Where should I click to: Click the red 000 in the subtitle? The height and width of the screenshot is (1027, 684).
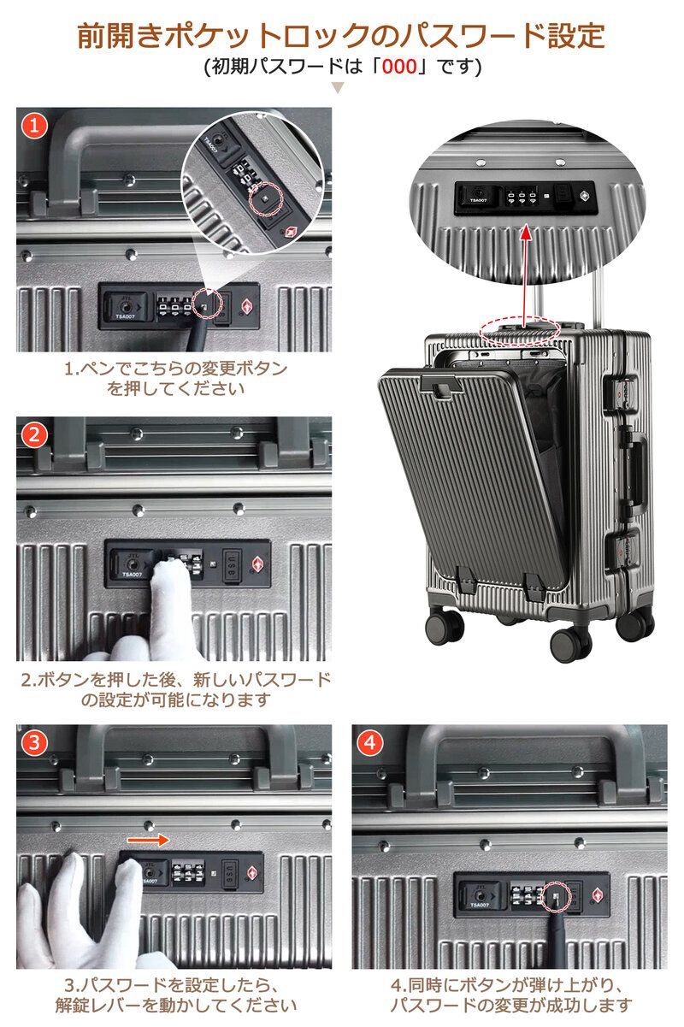[x=399, y=67]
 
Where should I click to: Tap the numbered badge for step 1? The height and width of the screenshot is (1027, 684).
[x=34, y=125]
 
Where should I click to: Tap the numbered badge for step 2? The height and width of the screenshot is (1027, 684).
[x=34, y=434]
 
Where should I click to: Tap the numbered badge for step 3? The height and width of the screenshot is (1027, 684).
[x=34, y=743]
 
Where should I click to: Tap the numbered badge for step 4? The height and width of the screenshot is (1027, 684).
[x=369, y=743]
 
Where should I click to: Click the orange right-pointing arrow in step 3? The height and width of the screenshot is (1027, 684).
[x=148, y=840]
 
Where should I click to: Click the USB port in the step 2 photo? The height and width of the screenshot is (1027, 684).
[x=233, y=566]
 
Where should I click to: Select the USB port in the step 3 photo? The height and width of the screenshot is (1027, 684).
[x=230, y=874]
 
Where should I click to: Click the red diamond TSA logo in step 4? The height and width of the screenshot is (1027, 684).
[x=597, y=895]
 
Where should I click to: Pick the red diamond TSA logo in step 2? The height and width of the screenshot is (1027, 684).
[x=257, y=564]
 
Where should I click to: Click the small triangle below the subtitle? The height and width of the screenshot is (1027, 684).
[x=338, y=88]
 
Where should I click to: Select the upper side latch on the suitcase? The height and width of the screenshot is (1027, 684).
[x=622, y=395]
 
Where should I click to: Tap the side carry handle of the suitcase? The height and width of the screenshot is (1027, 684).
[x=637, y=472]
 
